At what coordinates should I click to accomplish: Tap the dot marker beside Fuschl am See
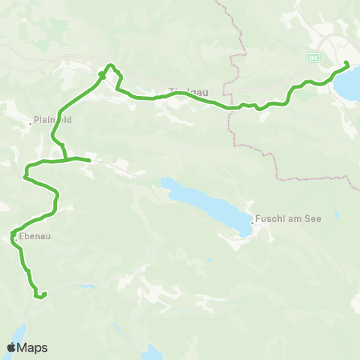click(x=252, y=221)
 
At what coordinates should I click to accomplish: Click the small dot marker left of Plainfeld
click(x=31, y=121)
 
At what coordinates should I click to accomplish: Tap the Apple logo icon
click(x=12, y=347)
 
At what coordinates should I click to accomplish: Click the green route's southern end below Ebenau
click(x=37, y=297)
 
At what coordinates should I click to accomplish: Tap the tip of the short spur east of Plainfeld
click(x=89, y=160)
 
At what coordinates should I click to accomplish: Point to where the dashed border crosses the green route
click(x=232, y=107)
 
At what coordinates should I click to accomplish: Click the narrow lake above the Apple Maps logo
click(x=19, y=333)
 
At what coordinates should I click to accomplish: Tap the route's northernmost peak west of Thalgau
click(x=110, y=66)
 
